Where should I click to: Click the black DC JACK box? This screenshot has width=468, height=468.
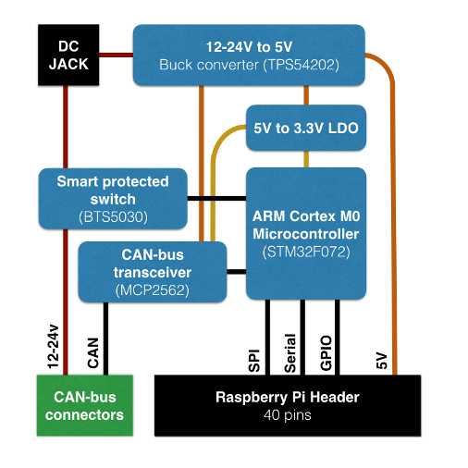coord(68,55)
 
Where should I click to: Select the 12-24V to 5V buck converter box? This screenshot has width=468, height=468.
coord(249,55)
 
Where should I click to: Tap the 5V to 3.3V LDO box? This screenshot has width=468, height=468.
coord(306,128)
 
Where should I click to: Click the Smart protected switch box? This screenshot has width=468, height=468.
coord(113,199)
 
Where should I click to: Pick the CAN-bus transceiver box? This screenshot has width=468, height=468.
coord(153,272)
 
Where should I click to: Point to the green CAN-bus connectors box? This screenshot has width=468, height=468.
coord(85,405)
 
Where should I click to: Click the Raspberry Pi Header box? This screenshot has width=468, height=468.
coord(288,405)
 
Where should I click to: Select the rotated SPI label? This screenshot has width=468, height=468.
coord(254,361)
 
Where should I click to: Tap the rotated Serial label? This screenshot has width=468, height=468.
coord(290,353)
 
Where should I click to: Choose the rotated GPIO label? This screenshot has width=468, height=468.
coord(326,353)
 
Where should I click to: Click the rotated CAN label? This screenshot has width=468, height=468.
coord(92,353)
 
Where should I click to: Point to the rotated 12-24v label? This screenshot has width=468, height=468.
coord(53,347)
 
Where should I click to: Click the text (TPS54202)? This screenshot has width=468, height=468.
coord(302,65)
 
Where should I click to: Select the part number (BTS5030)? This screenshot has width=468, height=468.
coord(113,217)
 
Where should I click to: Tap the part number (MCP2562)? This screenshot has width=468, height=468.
coord(153,290)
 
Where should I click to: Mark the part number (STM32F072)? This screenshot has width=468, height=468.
coord(306,252)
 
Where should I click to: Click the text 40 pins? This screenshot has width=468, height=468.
coord(288,415)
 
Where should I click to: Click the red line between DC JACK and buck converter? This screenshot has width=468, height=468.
coord(116,55)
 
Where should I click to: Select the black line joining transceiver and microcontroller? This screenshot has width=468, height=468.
coord(237,272)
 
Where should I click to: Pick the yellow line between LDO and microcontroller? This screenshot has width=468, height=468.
coord(306,159)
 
